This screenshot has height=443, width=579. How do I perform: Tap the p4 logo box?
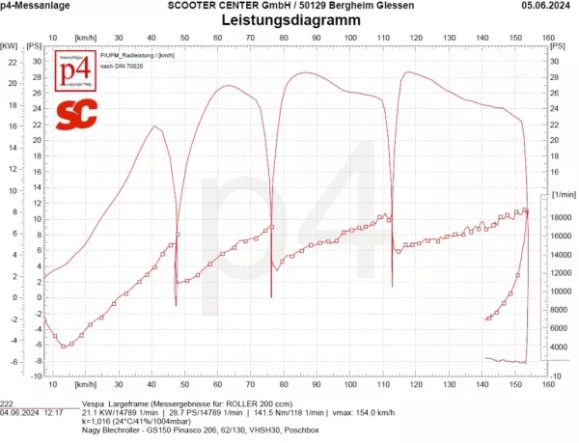coord(73,74)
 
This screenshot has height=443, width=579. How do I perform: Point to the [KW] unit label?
coord(9,45)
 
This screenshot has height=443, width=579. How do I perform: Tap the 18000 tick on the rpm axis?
coord(538,218)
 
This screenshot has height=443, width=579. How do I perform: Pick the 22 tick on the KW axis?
coord(12,61)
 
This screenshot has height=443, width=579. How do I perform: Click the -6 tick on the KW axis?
coord(12,362)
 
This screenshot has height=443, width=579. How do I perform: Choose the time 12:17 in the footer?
coord(54,412)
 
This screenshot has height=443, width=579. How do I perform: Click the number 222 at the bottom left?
coord(8,404)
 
